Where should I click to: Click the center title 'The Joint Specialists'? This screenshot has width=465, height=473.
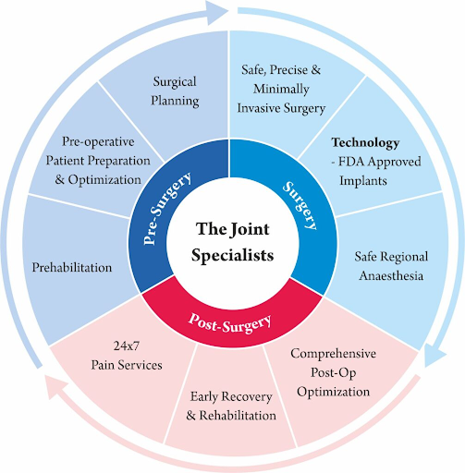pos(234,241)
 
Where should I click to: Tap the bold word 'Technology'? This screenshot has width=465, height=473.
pos(366,143)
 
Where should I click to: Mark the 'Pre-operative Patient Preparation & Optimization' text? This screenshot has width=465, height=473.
pos(98,160)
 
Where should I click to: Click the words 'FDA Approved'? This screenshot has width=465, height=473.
pos(377,163)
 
